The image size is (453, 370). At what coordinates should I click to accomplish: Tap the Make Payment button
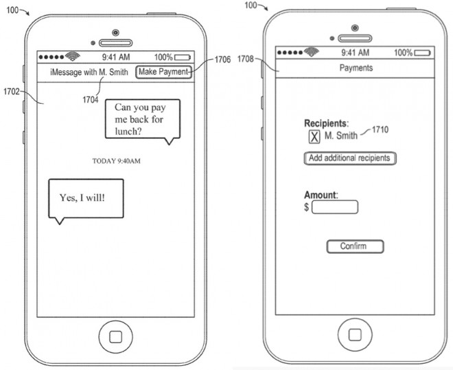pos(163,72)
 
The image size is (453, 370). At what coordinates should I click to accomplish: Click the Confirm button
pos(354,246)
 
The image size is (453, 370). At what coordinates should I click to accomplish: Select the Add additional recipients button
pos(350,158)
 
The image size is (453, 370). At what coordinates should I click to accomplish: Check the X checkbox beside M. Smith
pos(314,136)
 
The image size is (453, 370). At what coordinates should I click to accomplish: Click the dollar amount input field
pos(335,207)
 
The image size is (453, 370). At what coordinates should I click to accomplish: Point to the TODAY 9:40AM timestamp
pos(117,161)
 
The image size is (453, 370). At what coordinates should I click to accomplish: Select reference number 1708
pos(248,59)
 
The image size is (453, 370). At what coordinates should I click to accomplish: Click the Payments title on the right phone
pos(356,68)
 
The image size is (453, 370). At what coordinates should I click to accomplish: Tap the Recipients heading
pos(326,123)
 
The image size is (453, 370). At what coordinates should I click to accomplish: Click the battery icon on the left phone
pos(183,58)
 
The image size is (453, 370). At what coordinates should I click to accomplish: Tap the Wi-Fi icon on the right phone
pos(312,52)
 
